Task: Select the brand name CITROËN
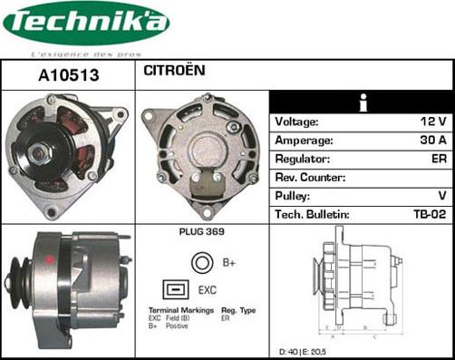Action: [175, 70]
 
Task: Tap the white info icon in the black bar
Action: [362, 101]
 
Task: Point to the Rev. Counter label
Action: [311, 178]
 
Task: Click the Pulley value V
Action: [441, 196]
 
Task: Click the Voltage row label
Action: [296, 122]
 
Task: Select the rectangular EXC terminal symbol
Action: [175, 290]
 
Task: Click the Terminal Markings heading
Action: [181, 310]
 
